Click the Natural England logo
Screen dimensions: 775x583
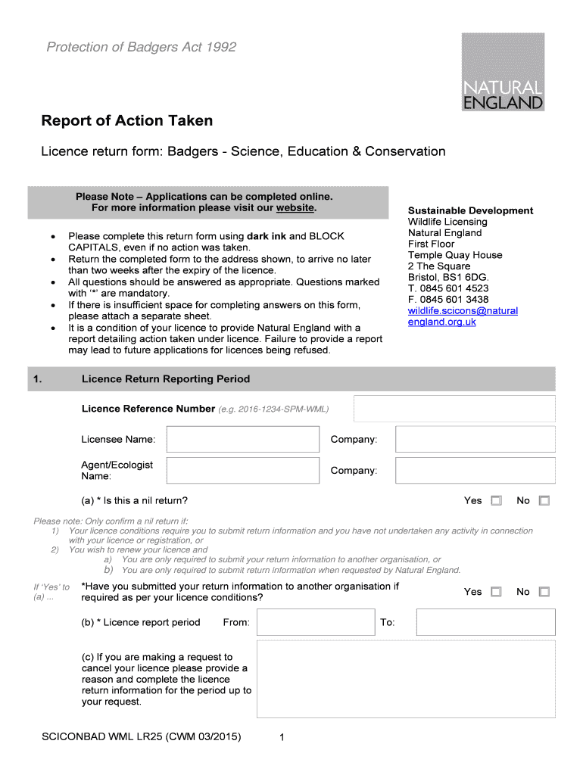503,72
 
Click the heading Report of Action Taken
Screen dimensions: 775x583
126,121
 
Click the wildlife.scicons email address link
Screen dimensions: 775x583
462,316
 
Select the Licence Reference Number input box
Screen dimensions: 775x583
454,409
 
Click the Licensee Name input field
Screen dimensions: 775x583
242,440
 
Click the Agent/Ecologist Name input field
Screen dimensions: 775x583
242,471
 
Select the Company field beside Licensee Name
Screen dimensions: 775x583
475,440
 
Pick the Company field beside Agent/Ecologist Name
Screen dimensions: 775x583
475,471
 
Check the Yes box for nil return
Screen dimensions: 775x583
496,501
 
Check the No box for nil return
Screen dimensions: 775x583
544,501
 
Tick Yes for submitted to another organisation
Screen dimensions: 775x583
496,592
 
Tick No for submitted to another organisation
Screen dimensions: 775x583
544,592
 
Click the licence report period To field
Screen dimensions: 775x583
485,622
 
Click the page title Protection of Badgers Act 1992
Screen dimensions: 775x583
142,48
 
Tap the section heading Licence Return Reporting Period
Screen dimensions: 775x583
166,379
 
